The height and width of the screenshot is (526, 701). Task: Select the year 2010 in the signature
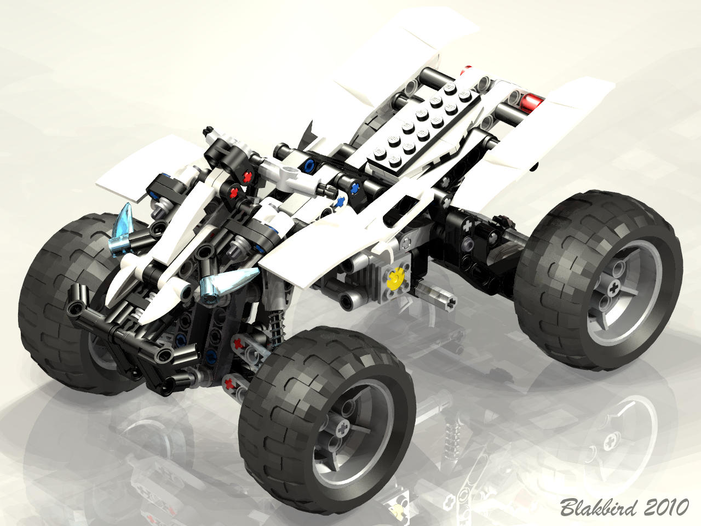pyautogui.click(x=666, y=507)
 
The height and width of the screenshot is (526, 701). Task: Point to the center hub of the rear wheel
pyautogui.click(x=613, y=290)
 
